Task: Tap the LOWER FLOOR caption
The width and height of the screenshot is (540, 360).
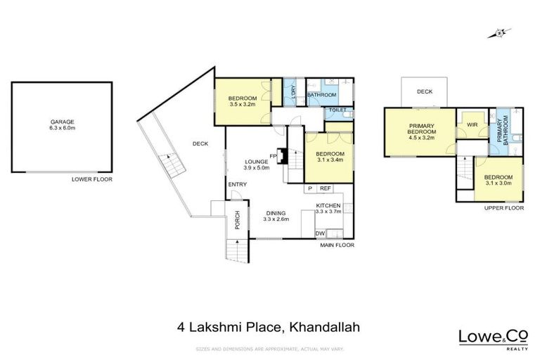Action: tap(91, 179)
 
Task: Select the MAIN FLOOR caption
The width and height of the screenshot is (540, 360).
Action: tap(337, 245)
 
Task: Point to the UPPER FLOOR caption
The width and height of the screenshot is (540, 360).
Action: tap(505, 208)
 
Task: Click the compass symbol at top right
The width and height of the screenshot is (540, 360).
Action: tap(499, 33)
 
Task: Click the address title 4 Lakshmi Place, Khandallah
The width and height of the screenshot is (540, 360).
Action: tap(269, 326)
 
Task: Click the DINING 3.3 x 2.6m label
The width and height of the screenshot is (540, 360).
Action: tap(276, 217)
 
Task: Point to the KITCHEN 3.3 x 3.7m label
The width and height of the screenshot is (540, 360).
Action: tap(328, 208)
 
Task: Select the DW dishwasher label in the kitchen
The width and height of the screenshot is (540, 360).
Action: tap(320, 233)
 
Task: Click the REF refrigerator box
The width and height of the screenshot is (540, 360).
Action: tap(326, 188)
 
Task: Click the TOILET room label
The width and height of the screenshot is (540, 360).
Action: tap(337, 111)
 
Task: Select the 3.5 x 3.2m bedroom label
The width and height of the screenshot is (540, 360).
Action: tap(242, 101)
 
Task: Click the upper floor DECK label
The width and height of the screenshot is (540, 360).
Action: tap(423, 91)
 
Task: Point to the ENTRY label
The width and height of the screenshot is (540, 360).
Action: tap(236, 185)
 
